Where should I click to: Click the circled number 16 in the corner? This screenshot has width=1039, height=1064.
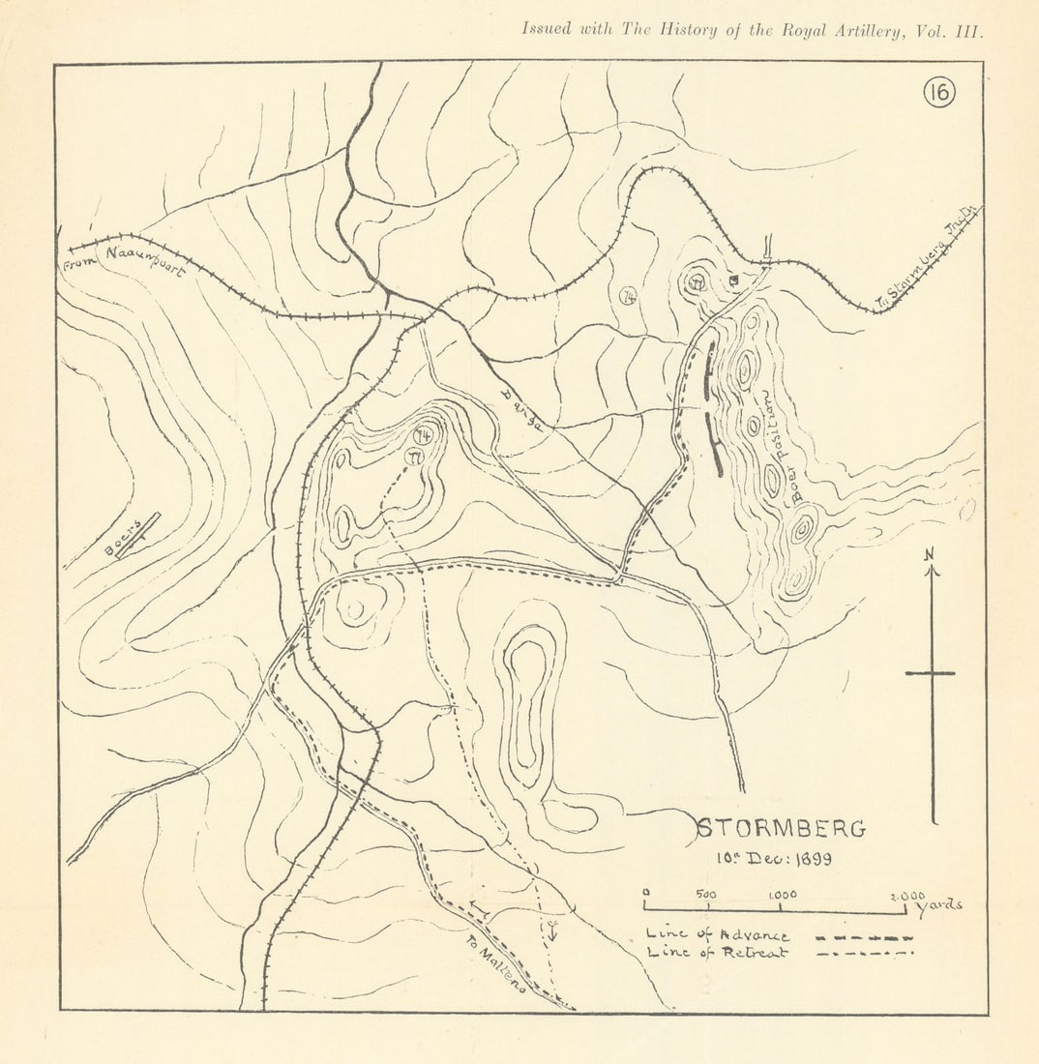coord(938,93)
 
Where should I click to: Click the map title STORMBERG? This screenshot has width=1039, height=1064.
coord(782,829)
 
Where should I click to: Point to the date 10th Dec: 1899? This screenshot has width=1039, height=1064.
coord(774,857)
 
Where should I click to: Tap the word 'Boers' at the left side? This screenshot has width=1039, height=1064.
coord(123,538)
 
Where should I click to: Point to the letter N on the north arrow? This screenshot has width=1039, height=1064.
coord(930,553)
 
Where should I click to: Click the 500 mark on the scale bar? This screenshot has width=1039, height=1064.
coord(707,895)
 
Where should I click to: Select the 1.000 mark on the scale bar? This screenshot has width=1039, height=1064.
coord(783,895)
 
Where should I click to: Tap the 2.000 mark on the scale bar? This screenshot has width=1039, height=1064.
coord(906,896)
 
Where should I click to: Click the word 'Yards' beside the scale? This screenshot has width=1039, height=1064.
coord(939,906)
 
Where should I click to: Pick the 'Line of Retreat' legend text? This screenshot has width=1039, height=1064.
coord(717,953)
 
